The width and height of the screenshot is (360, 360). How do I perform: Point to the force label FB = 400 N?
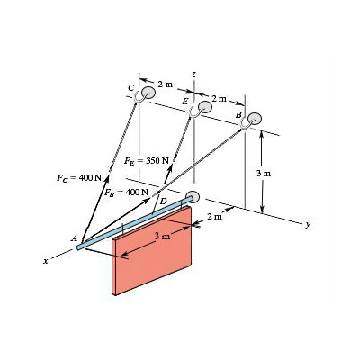126,193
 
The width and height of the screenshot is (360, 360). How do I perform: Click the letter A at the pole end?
74,238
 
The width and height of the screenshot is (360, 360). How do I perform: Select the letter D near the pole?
163,202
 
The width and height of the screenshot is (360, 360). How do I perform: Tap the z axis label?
193,72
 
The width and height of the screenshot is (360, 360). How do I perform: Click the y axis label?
307,226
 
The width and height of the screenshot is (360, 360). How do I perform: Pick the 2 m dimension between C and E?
165,84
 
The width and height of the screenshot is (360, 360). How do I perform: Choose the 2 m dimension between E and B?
219,96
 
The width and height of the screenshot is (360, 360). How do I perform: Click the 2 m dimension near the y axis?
213,217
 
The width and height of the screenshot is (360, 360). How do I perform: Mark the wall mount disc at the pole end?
192,198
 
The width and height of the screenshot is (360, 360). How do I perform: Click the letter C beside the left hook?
131,87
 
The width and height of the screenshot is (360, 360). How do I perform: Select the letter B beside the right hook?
238,115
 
